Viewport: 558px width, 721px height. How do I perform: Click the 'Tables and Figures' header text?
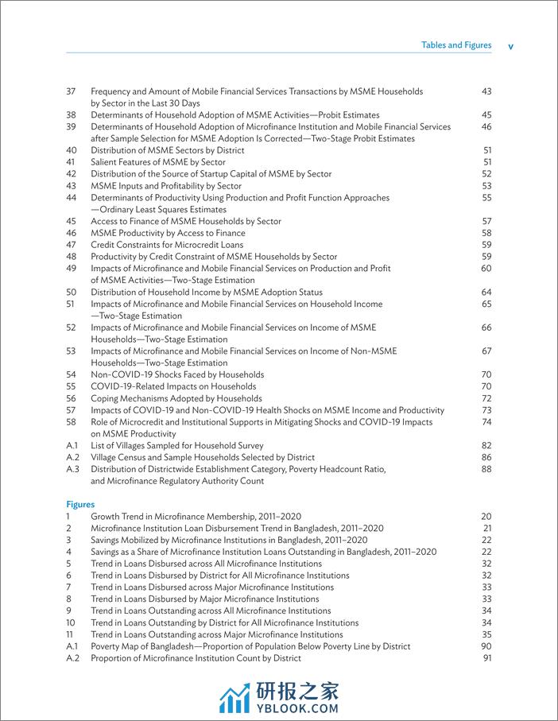(x=456, y=45)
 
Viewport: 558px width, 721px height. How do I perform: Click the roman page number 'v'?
(x=510, y=46)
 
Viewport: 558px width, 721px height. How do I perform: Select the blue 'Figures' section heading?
(x=79, y=504)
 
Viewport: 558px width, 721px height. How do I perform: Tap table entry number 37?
(x=71, y=91)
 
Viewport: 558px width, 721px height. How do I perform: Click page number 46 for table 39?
(x=486, y=126)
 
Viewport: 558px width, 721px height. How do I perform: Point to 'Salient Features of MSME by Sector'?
(x=157, y=161)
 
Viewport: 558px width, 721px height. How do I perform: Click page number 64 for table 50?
(x=486, y=292)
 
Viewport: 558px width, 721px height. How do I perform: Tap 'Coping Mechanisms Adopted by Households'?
(x=176, y=398)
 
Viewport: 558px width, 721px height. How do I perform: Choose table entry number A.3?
(x=72, y=469)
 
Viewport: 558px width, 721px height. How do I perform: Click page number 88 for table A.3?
(x=486, y=469)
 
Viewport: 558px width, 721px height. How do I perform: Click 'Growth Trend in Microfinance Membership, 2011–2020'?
(x=196, y=516)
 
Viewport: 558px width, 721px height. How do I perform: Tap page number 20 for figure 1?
(x=487, y=516)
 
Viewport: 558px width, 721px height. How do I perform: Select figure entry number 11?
(x=70, y=634)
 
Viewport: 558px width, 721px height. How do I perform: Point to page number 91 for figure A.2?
(x=487, y=658)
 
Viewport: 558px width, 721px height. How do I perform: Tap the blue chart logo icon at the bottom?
(x=235, y=696)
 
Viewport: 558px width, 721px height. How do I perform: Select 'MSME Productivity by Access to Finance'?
(x=168, y=233)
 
